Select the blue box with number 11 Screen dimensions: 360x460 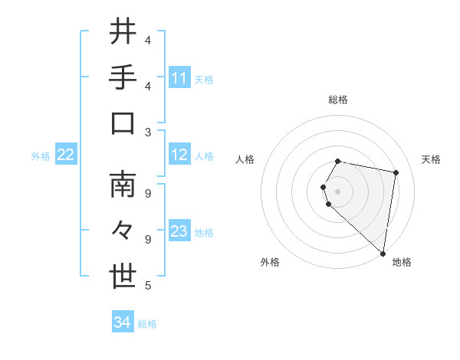[179, 77]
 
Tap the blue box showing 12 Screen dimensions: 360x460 [179, 155]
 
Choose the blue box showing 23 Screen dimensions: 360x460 [179, 232]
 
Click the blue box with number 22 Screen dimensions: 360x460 [66, 155]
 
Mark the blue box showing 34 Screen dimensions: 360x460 [123, 322]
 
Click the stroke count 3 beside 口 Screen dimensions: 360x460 [148, 132]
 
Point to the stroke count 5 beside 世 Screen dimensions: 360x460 [148, 286]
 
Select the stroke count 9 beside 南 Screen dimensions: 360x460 [148, 193]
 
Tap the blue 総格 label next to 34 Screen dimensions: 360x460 [147, 324]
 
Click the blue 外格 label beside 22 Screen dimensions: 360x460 [41, 156]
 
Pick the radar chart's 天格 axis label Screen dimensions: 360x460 [431, 159]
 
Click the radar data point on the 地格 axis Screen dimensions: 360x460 [383, 253]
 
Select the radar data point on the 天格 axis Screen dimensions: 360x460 [396, 172]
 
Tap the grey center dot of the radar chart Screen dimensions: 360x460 [338, 191]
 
